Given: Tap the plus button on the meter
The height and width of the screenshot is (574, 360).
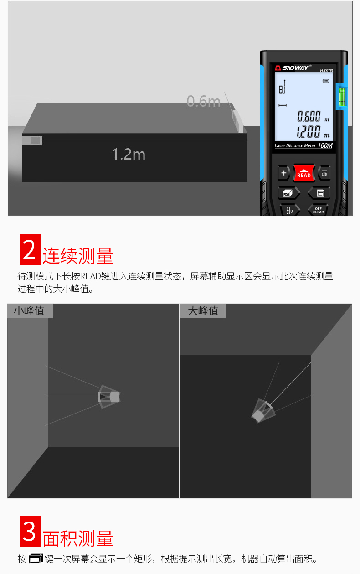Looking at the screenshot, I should point(284,173).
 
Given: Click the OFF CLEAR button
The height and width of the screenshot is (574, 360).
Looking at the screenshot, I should point(318,210).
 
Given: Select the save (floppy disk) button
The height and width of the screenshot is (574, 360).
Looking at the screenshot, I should point(320,193).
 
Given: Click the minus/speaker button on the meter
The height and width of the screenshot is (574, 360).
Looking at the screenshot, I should point(324,173).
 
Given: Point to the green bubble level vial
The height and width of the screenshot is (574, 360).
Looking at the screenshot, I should point(341,96).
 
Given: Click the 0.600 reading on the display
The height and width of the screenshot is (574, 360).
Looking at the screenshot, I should point(309,116).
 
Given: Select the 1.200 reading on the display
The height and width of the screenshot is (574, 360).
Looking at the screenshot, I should point(309,132).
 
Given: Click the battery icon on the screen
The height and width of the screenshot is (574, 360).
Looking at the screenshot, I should point(325,81).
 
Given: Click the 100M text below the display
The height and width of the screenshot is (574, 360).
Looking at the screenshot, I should point(325,146).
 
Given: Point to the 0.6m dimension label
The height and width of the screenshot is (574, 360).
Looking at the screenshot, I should point(203,101).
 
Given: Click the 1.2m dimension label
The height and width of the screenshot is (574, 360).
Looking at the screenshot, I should point(129,154).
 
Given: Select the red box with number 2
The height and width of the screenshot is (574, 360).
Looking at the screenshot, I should point(30,249).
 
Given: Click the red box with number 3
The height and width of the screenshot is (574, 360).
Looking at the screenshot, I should point(30,531).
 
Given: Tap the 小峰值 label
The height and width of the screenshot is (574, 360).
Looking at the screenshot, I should point(30,311).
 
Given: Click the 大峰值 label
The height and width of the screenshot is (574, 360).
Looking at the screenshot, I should point(203,311).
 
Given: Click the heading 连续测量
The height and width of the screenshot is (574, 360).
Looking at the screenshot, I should point(77,256).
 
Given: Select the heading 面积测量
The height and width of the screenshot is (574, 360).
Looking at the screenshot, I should point(77,538).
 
